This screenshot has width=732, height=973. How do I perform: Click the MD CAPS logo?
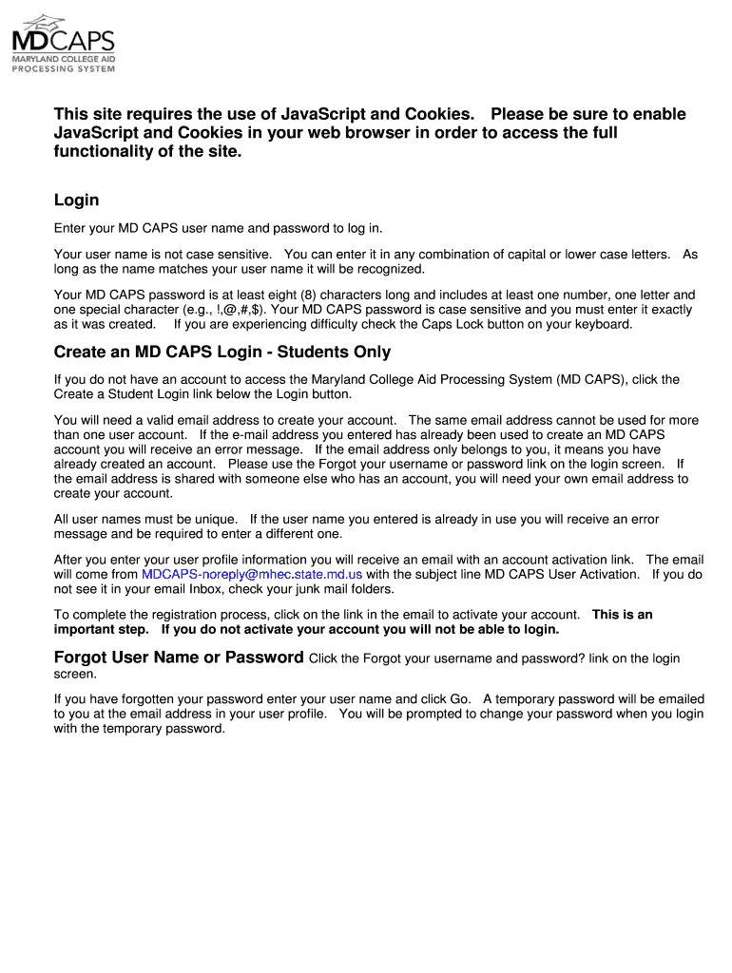pos(63,44)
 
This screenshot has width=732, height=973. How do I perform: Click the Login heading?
pos(76,200)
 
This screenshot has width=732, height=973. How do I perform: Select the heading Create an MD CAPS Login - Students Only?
pos(222,353)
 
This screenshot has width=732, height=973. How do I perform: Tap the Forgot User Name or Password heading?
pos(179,658)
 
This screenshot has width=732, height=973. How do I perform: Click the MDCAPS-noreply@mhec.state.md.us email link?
pos(252,575)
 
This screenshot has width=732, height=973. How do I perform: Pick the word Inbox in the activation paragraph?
pos(198,589)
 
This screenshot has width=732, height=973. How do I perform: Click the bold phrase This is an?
pos(622,615)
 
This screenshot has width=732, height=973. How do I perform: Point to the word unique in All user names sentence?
pos(215,520)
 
